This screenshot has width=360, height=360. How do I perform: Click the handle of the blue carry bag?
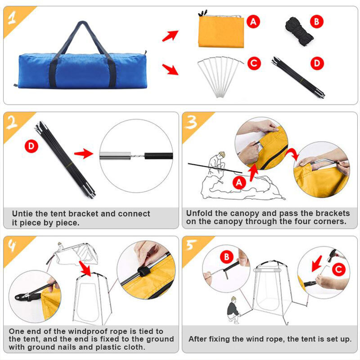click(82, 28)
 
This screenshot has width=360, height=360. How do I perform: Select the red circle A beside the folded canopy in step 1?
click(254, 21)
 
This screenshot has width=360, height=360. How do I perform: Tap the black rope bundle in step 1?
click(299, 30)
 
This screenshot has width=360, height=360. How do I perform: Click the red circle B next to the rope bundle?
click(317, 21)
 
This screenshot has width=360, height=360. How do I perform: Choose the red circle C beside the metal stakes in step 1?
click(254, 63)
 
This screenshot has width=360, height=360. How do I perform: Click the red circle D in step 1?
click(318, 63)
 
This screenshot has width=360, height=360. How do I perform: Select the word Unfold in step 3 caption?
click(201, 213)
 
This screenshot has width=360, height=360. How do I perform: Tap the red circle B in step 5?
click(227, 257)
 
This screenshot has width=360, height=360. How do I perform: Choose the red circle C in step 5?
click(338, 270)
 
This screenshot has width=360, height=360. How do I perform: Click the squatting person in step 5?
click(233, 310)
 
